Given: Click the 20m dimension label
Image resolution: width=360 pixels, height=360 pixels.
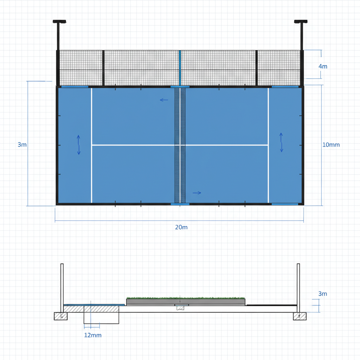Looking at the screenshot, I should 181,227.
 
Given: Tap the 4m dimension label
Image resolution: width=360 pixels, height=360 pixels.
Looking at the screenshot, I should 323,66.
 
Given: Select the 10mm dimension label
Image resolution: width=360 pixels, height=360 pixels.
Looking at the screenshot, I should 331,144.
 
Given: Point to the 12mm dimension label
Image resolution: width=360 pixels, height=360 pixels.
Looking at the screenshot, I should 93,335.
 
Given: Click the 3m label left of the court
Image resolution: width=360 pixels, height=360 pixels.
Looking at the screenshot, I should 22,144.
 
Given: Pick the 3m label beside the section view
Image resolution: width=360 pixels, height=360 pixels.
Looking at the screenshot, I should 322,294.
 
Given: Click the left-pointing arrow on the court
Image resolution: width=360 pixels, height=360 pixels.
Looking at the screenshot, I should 164,100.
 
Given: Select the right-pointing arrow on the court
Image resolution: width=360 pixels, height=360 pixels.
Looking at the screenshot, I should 197,193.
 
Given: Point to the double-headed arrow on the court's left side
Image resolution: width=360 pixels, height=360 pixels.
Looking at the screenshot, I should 78,144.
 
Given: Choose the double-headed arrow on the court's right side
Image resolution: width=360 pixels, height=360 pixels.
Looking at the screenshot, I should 281,142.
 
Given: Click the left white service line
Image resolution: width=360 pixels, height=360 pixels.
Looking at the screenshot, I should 91,144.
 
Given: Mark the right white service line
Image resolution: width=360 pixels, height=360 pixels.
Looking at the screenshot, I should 268,144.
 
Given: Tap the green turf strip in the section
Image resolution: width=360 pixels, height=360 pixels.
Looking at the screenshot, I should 186,298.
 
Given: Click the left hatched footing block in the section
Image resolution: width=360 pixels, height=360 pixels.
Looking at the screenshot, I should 60,316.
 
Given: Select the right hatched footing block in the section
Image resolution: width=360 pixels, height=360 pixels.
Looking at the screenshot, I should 300,316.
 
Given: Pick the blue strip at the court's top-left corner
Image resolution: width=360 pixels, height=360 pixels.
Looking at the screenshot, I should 75,86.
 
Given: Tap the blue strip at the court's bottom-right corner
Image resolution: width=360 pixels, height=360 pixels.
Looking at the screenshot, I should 285,204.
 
